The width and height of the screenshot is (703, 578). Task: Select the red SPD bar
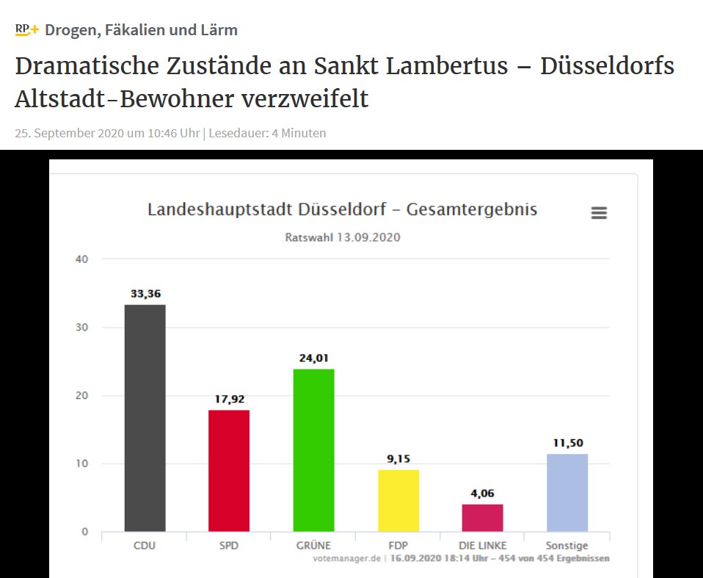(x=229, y=470)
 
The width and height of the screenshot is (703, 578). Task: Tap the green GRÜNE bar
(x=313, y=449)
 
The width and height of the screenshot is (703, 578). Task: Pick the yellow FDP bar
(x=398, y=500)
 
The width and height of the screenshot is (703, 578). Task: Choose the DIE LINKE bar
(x=483, y=518)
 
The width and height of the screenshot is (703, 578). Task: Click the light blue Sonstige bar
(x=567, y=492)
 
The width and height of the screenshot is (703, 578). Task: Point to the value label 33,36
(x=145, y=294)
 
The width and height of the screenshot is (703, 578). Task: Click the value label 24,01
(x=313, y=358)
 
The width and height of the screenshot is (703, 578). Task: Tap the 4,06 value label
(x=483, y=494)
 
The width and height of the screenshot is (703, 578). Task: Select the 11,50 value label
(x=567, y=443)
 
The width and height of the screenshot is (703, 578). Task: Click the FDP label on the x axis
(x=398, y=546)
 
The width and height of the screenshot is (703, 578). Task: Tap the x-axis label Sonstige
(x=567, y=546)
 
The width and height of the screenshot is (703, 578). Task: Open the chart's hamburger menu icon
(x=599, y=213)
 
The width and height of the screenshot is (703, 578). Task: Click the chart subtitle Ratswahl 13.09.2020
(x=342, y=237)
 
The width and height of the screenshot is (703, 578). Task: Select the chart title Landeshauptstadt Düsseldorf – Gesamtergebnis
(x=342, y=209)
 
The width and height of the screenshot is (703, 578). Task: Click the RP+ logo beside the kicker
(x=26, y=30)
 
